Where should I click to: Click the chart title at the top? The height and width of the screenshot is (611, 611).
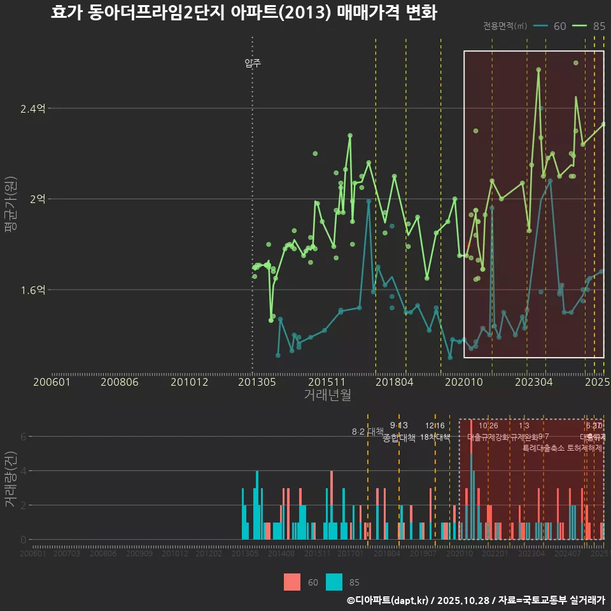click(x=244, y=13)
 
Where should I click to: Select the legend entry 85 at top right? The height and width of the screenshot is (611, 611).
click(x=589, y=26)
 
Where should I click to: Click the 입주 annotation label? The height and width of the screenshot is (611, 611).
click(x=253, y=64)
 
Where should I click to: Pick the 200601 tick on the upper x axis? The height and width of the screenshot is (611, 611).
click(x=52, y=383)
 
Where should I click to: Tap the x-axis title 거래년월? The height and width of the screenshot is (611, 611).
click(x=327, y=395)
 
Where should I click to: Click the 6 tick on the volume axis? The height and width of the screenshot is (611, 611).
click(x=23, y=437)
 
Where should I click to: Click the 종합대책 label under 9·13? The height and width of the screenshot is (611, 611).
click(x=399, y=437)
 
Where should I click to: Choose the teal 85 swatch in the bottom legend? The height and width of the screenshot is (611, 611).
click(x=334, y=582)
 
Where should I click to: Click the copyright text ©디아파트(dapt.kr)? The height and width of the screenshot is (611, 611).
click(x=388, y=600)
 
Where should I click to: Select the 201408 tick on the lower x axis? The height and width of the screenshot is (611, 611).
click(x=281, y=554)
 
